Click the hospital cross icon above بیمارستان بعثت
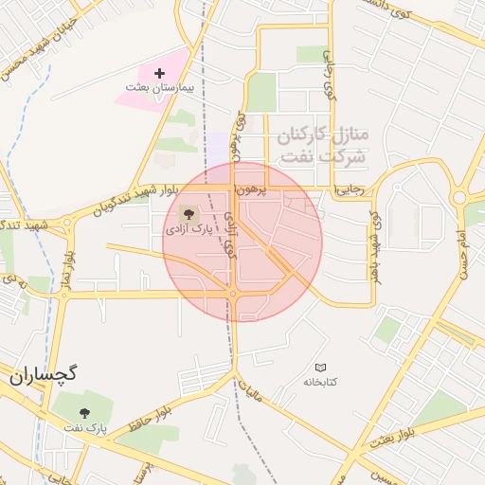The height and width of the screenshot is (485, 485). [159, 73]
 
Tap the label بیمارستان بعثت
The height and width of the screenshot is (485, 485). [159, 87]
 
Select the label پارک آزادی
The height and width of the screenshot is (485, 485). [190, 229]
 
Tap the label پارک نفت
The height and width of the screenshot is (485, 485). [86, 428]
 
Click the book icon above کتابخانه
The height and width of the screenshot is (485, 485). [320, 367]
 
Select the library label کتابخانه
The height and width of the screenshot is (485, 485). [320, 381]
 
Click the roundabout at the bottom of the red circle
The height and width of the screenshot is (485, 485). [232, 295]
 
